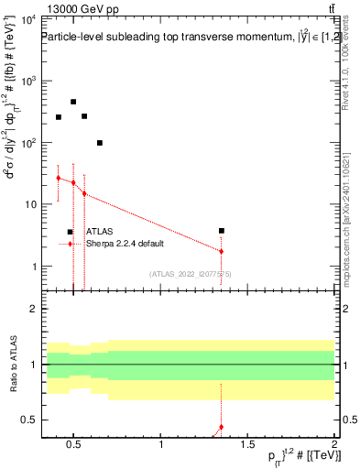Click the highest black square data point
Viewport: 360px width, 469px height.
coord(73,102)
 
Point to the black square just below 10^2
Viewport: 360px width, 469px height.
coord(100,143)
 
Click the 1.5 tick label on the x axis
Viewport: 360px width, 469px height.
coord(248,446)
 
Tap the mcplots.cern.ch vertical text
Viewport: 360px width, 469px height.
coord(351,229)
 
